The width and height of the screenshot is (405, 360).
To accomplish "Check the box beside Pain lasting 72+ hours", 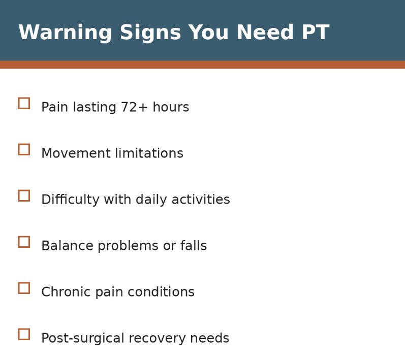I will [24, 103].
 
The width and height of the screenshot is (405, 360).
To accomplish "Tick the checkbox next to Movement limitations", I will [24, 149].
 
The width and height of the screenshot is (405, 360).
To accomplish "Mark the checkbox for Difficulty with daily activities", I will [24, 195].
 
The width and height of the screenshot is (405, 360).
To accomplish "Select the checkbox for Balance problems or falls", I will [24, 242].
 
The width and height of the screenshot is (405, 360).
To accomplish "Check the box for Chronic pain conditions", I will [24, 288].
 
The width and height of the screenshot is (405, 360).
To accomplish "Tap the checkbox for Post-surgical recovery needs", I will [24, 334].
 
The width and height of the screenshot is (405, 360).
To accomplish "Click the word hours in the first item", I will [170, 108].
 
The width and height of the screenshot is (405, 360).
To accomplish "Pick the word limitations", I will [147, 154].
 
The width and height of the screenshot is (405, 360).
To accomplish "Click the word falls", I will [195, 246].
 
